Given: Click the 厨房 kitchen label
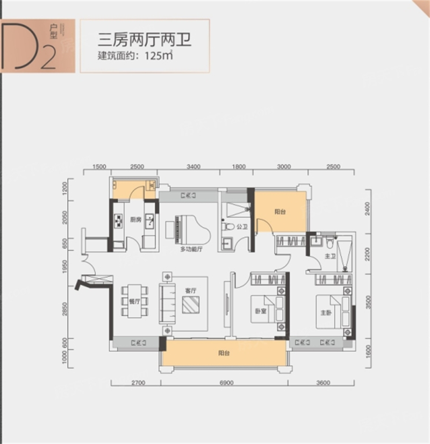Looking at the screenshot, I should tap(135, 219).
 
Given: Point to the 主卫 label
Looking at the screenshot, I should tap(330, 256).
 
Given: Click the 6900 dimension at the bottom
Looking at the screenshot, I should tap(226, 383).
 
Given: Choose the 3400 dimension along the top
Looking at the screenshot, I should tap(193, 166).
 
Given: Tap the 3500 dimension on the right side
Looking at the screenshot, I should tap(368, 300).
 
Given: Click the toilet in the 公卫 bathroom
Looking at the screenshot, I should tap(230, 227).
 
